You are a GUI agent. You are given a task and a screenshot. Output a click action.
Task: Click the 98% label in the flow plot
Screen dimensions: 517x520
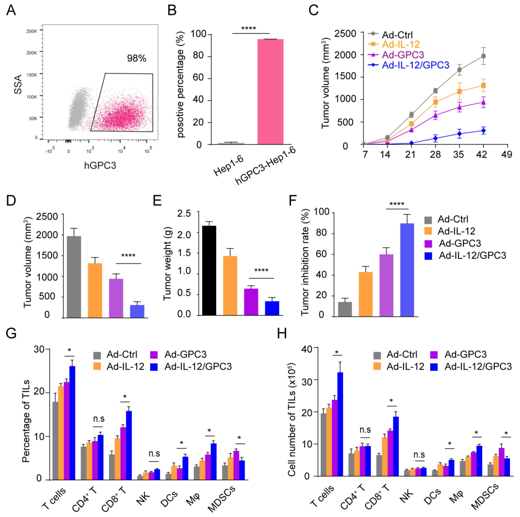[x=136, y=58]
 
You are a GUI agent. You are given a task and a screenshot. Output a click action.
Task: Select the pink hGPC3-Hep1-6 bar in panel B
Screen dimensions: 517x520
[x=270, y=92]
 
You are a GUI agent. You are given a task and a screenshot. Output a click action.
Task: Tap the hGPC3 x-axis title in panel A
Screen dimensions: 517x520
[x=100, y=165]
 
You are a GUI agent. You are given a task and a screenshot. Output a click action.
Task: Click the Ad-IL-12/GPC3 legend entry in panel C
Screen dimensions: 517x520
[x=415, y=65]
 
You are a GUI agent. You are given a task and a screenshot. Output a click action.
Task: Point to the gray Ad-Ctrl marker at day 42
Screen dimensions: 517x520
[x=483, y=56]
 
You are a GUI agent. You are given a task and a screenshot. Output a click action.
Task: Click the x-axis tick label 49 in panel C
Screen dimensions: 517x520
[x=507, y=155]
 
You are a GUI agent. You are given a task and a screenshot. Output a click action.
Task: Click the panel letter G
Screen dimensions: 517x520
[x=11, y=333]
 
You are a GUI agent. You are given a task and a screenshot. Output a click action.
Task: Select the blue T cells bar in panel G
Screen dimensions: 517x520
[x=72, y=423]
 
